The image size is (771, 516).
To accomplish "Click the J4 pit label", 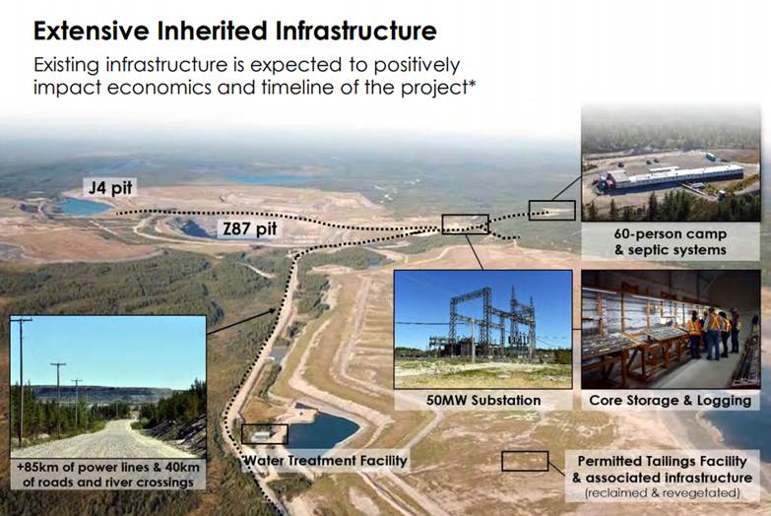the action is (x=110, y=187).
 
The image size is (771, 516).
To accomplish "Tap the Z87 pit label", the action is (x=250, y=229).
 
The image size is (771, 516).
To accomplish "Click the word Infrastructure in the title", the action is (x=355, y=31).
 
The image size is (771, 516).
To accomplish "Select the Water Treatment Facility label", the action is (x=326, y=461).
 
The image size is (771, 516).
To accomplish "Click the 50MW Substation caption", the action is (x=483, y=401).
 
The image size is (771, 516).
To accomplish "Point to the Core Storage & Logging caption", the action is (x=671, y=401).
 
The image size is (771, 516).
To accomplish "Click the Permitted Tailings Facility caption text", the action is (x=662, y=461).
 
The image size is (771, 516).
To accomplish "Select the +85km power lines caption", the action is (x=107, y=475).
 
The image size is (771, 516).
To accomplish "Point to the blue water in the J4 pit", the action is (x=84, y=207).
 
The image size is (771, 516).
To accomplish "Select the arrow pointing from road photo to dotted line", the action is (x=241, y=321).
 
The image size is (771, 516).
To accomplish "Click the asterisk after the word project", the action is (x=472, y=83).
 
